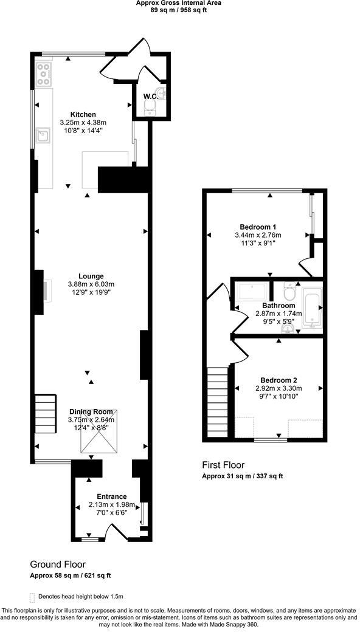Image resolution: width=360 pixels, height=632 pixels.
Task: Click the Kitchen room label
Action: click(x=83, y=114)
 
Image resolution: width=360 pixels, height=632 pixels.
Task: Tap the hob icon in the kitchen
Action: click(x=44, y=74)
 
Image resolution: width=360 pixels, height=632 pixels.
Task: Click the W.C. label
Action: click(x=151, y=96)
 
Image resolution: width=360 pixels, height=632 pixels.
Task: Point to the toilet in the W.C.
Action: click(x=150, y=108)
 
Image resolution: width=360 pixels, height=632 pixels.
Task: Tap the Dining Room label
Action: click(x=91, y=412)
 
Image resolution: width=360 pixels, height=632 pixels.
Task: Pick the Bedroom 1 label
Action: click(x=258, y=226)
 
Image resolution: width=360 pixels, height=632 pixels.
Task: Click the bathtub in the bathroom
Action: click(x=311, y=307)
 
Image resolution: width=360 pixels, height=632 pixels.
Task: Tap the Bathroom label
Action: click(x=279, y=306)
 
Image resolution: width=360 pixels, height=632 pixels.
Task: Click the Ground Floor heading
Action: click(x=58, y=564)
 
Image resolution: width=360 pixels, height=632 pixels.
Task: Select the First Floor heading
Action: click(x=225, y=465)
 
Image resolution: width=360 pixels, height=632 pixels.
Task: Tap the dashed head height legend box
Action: click(x=32, y=597)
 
